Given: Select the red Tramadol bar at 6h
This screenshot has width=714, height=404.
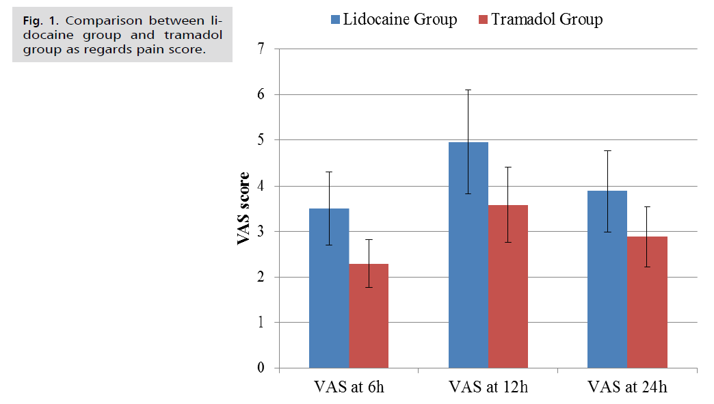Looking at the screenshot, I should tap(369, 321).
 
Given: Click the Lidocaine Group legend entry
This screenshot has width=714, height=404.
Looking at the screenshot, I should tap(393, 19).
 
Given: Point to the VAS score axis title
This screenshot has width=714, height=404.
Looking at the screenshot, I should tap(243, 208).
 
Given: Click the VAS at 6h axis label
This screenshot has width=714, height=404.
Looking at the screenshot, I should tap(349, 387).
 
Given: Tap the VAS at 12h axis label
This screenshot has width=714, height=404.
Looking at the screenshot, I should tap(488, 387).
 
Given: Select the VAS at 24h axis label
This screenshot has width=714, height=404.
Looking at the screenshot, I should tap(627, 387).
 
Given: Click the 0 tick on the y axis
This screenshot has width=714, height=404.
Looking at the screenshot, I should tap(261, 368).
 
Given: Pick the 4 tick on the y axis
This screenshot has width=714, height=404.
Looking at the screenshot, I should tap(261, 186).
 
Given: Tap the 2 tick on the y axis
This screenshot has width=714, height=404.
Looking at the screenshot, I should tap(261, 278).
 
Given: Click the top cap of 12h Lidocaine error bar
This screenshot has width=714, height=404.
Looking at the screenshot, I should tap(468, 90).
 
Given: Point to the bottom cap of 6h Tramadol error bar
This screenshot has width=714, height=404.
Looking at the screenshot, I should tap(369, 287).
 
